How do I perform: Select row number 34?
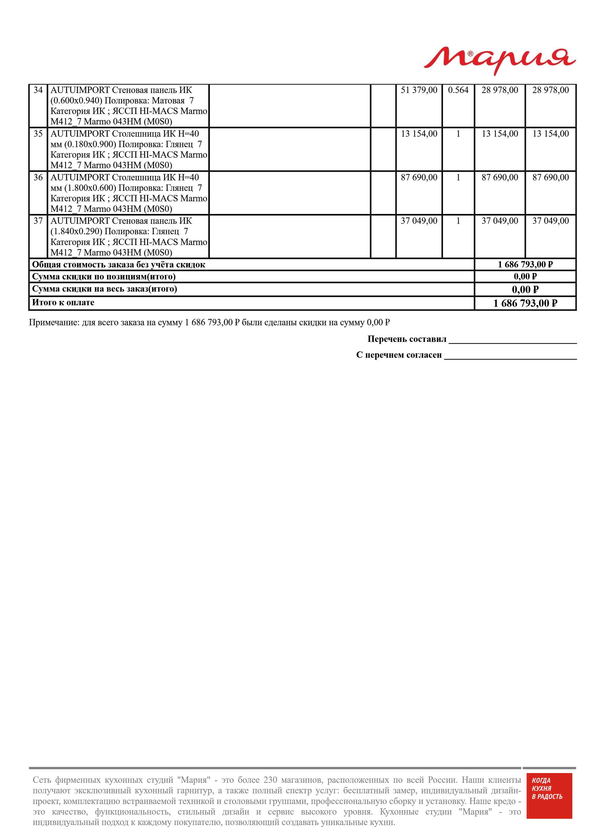pos(38,90)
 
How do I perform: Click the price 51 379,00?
pos(419,90)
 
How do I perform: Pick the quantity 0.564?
pos(458,90)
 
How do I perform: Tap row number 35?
pos(38,134)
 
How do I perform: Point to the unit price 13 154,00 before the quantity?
pos(419,134)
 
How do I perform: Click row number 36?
pos(38,177)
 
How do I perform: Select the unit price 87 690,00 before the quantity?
pos(419,177)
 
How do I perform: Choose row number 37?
pos(38,221)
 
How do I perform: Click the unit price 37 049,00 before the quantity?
pos(419,221)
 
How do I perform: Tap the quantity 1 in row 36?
pos(458,177)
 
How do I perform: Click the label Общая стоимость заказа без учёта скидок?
pos(119,265)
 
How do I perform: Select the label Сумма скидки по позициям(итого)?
pos(104,276)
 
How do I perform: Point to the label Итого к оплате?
pos(63,303)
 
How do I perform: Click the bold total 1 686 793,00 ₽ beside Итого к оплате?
pos(525,303)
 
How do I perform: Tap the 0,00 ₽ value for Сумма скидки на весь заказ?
pos(525,290)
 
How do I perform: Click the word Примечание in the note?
pos(54,323)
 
